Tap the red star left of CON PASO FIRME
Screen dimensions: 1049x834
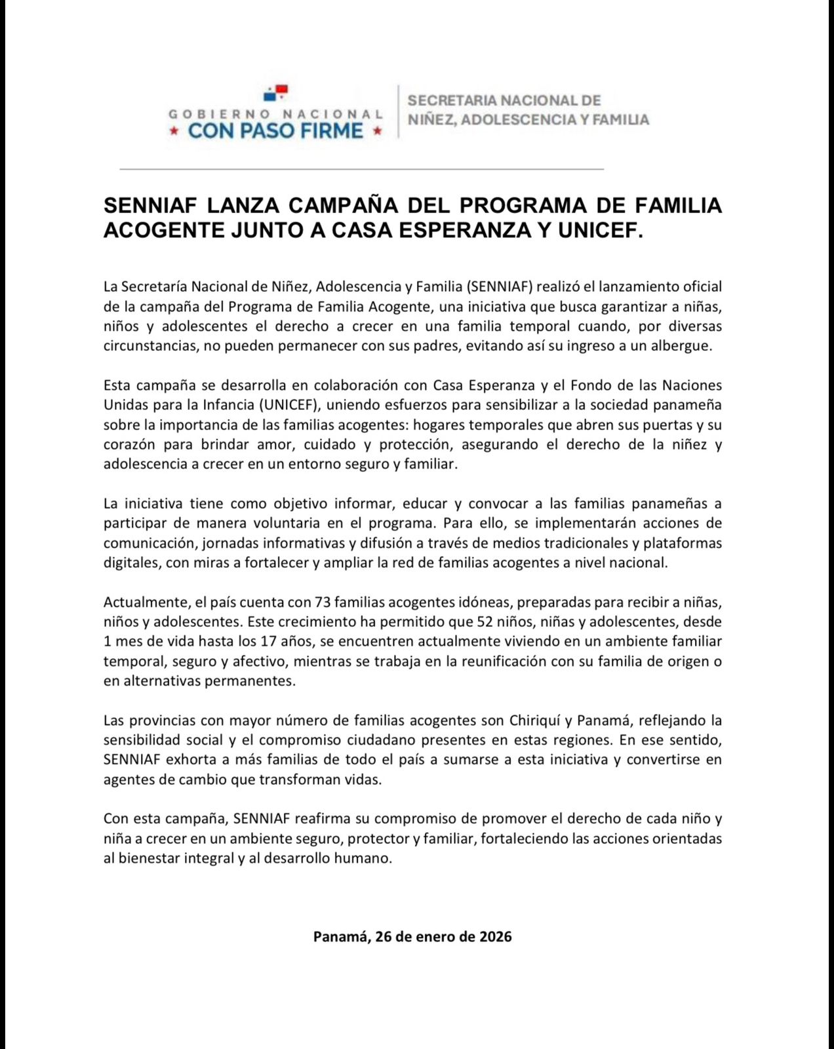(x=174, y=131)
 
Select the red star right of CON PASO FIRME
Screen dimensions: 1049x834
(x=377, y=131)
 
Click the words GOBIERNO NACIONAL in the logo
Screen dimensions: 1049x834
(x=275, y=114)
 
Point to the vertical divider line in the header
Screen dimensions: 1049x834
(x=398, y=111)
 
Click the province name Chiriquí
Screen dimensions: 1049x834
(x=532, y=721)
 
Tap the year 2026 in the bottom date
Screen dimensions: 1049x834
(x=495, y=936)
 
